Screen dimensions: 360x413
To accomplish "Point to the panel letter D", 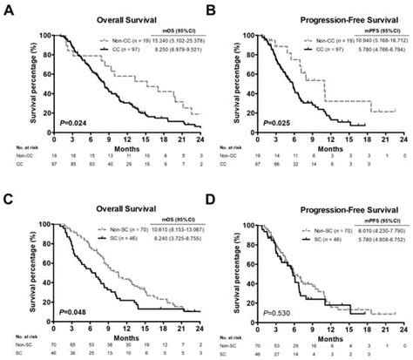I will (x=211, y=190).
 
